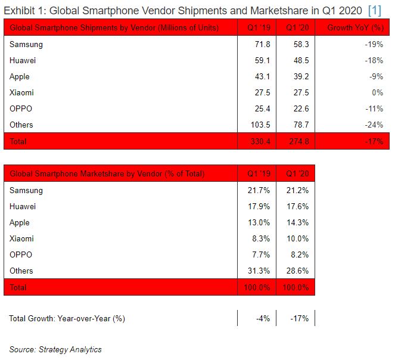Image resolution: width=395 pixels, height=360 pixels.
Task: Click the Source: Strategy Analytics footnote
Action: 55,349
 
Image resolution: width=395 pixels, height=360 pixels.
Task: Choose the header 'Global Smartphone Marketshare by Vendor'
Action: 107,174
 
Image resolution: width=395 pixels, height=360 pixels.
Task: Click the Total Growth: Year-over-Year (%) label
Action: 67,318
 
